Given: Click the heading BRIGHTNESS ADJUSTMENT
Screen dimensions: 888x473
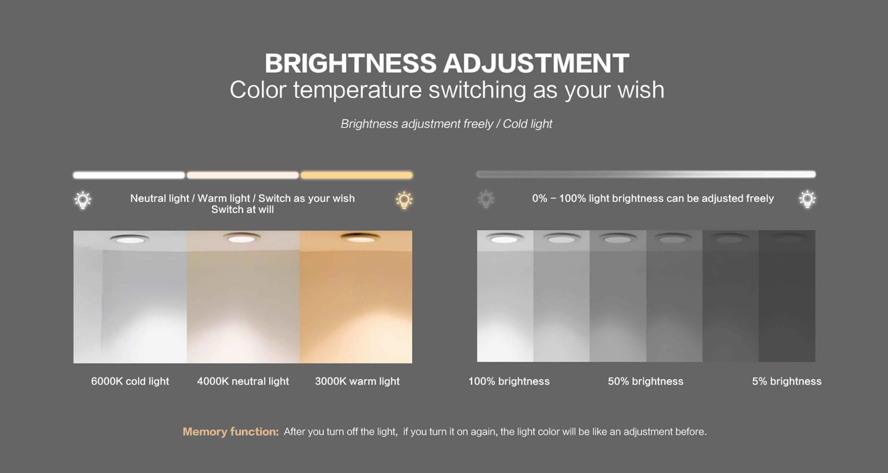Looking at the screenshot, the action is pos(447,63).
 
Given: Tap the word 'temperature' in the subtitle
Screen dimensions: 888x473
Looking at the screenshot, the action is pos(357,90).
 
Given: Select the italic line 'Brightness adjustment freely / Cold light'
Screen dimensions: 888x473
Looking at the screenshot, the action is pos(446,124).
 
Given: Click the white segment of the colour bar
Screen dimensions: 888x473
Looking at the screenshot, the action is pos(129,175).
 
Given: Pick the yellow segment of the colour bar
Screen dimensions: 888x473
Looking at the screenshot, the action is pos(357,175).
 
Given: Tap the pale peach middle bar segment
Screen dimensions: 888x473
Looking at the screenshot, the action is pos(243,175).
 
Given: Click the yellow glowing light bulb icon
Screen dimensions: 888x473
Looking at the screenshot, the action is pos(404,200).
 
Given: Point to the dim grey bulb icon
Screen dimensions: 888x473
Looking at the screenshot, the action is pos(486,199).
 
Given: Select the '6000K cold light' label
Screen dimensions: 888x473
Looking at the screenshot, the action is pos(130,381).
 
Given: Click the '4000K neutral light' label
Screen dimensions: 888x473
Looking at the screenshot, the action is pos(243,381).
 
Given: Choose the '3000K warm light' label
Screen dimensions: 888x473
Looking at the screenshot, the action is pos(357,381).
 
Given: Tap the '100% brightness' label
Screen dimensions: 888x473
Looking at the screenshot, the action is pos(509,381).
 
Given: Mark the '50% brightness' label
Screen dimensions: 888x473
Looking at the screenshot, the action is pos(645,381).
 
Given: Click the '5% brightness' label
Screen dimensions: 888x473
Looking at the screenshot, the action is pos(787,381).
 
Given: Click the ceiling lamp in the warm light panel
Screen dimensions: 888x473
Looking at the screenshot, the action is pos(360,238).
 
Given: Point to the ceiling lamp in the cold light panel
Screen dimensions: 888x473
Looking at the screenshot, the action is pos(129,239).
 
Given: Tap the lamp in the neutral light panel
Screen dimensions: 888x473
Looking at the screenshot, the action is pos(242,238).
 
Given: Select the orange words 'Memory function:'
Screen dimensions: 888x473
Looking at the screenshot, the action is pos(231,432).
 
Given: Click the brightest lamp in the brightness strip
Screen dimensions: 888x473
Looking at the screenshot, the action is pos(504,238).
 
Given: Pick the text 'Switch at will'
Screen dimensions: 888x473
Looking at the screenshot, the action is pos(242,210).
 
